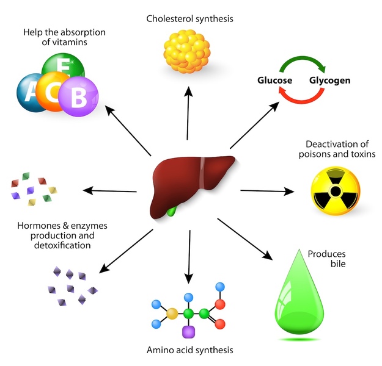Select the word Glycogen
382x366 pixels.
point(329,81)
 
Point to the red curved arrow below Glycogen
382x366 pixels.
point(303,99)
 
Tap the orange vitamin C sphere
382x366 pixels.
point(55,91)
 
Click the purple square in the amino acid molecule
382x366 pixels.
point(189,332)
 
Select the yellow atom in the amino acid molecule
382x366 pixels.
point(172,314)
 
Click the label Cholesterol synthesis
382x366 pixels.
point(189,18)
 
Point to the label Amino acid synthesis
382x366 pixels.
point(189,350)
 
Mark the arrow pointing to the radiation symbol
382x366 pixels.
point(266,192)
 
